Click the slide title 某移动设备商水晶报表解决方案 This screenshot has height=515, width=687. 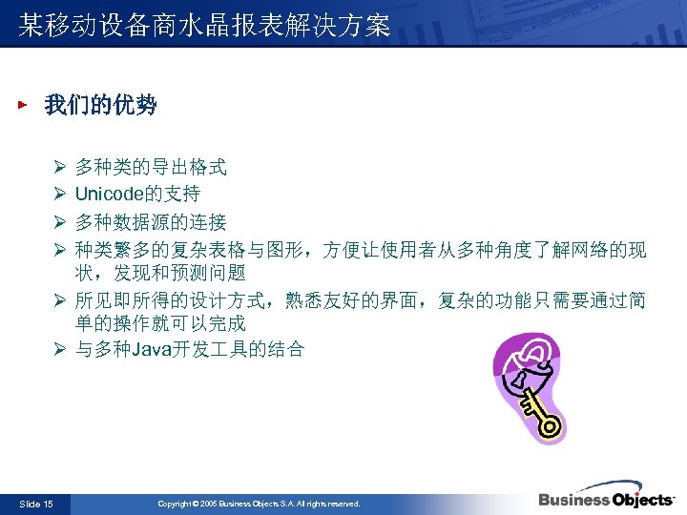click(204, 26)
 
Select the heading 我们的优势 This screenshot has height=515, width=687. click(100, 106)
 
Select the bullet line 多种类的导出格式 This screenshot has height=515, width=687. click(151, 168)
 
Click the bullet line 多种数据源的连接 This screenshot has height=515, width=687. click(151, 222)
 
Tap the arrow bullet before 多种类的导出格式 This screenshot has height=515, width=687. click(58, 168)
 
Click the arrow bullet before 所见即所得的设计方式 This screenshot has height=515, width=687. click(58, 301)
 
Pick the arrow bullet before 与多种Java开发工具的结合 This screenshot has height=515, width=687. click(58, 349)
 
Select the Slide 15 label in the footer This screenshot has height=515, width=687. click(36, 504)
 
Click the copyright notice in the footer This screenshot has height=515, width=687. click(259, 504)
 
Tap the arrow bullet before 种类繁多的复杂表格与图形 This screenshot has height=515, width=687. click(58, 250)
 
